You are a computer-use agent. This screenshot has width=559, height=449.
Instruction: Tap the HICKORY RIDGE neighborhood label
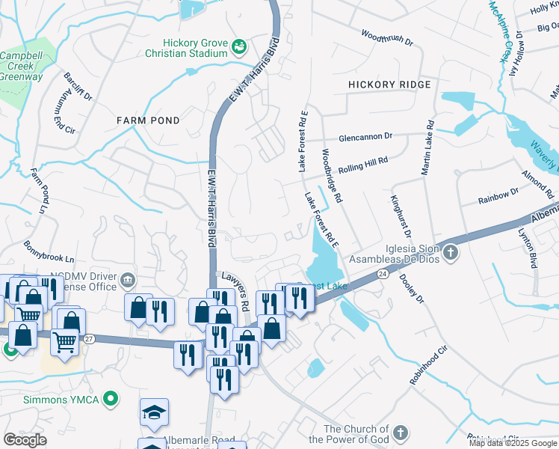(389, 85)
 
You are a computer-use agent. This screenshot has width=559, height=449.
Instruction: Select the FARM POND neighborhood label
(148, 120)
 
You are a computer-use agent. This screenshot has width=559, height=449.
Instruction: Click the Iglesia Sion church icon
(450, 253)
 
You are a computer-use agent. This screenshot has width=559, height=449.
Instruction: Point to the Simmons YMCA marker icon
(111, 398)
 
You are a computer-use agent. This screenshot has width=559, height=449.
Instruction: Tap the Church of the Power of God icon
(401, 433)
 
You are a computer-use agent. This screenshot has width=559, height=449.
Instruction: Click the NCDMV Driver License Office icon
(128, 281)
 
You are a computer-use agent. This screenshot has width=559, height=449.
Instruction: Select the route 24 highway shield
(382, 275)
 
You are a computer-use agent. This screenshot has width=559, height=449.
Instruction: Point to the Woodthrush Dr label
(386, 38)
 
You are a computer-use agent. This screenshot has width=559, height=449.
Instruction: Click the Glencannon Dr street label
(365, 137)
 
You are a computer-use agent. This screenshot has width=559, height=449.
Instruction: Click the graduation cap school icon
(153, 412)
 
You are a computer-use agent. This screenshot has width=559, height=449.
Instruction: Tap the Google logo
(25, 439)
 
